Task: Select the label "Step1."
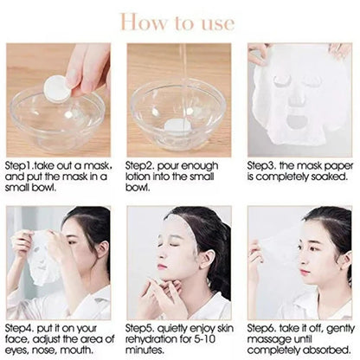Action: tap(22, 163)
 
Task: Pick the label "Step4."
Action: tap(22, 327)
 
